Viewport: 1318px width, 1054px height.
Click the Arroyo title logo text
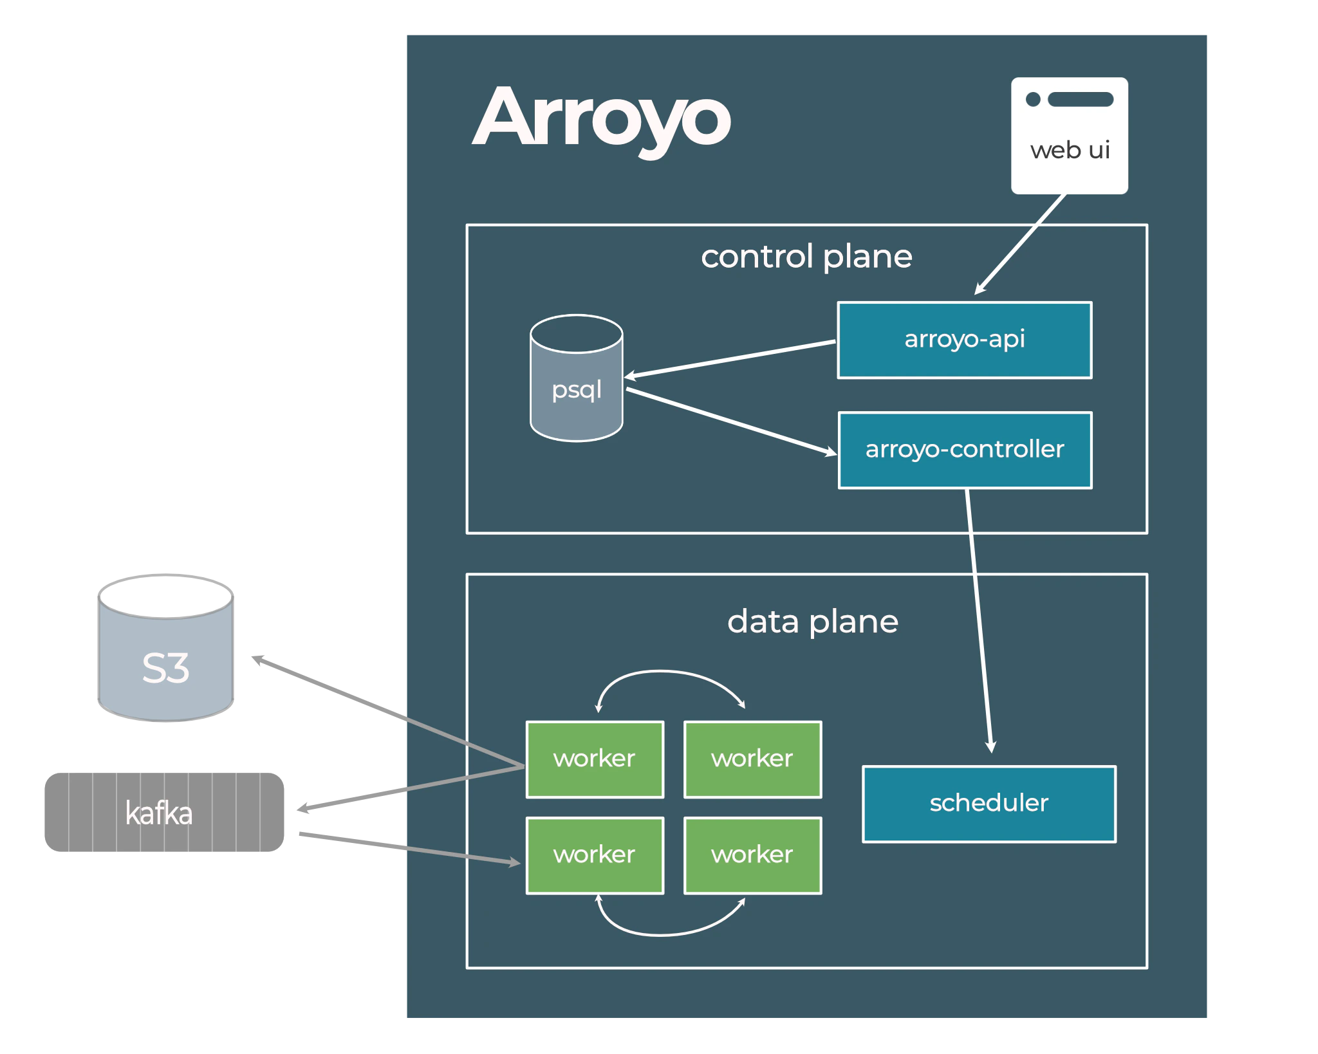coord(602,119)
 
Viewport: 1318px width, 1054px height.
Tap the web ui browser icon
coord(1069,136)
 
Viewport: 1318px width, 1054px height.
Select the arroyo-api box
coord(964,340)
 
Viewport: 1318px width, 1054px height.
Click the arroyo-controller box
coord(965,450)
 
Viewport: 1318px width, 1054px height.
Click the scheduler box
coord(988,804)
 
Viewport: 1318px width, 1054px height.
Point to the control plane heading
coord(806,257)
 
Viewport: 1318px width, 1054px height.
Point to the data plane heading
coord(812,622)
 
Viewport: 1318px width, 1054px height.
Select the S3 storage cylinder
coord(165,650)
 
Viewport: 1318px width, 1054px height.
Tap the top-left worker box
coord(595,759)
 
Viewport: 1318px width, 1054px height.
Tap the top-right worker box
coord(752,759)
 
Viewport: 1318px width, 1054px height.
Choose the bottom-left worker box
coord(595,855)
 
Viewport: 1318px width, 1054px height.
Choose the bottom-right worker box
coord(752,855)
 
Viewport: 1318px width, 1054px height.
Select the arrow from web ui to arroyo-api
coord(1020,245)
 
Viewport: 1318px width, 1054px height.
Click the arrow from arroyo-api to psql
coord(730,359)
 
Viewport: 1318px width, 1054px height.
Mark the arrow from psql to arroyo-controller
coord(730,421)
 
